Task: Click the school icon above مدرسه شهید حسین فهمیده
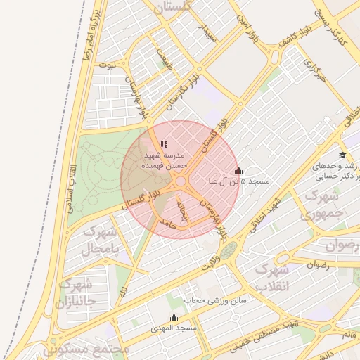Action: [164, 145]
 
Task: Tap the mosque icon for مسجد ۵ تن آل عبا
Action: [238, 171]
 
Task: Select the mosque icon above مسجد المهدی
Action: [174, 318]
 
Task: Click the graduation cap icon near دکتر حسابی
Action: [342, 155]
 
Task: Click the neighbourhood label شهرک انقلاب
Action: [271, 278]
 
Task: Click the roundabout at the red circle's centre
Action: [180, 181]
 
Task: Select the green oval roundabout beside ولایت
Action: [227, 250]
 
